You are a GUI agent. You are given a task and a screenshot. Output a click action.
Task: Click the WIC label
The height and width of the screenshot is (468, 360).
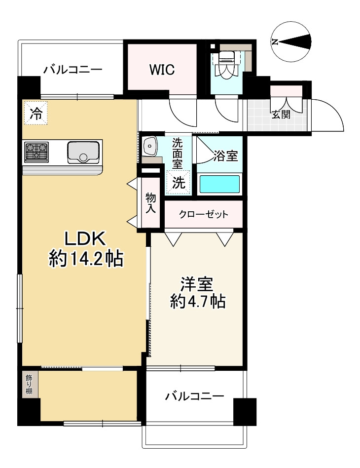point(162,70)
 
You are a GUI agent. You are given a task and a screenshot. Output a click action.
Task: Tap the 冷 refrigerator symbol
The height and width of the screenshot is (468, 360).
point(36,113)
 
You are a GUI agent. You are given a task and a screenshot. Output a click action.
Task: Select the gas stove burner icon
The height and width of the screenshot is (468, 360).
point(36,152)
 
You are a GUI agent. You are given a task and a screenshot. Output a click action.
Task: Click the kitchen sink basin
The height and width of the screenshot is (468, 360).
point(83,152)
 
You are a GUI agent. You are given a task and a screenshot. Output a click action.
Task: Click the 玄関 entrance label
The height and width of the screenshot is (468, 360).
point(281,115)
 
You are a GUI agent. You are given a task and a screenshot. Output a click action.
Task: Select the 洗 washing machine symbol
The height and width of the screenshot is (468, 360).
point(179,182)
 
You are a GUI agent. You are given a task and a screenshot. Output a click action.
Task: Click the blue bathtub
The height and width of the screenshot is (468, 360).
point(219,185)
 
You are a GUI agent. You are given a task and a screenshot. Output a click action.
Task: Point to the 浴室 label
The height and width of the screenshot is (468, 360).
point(225,156)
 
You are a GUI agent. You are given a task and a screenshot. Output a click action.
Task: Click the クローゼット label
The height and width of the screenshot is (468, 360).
point(203,214)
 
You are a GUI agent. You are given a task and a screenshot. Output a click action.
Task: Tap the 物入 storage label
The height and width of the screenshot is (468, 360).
point(150,203)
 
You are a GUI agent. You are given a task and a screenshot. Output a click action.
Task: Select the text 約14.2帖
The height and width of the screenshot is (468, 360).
point(86,258)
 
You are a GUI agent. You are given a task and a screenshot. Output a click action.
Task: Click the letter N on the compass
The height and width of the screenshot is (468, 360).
point(275,42)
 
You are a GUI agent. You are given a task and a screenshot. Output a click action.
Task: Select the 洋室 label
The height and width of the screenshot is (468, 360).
point(197,284)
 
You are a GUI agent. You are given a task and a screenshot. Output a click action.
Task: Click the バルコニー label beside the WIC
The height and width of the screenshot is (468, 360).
point(73,70)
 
